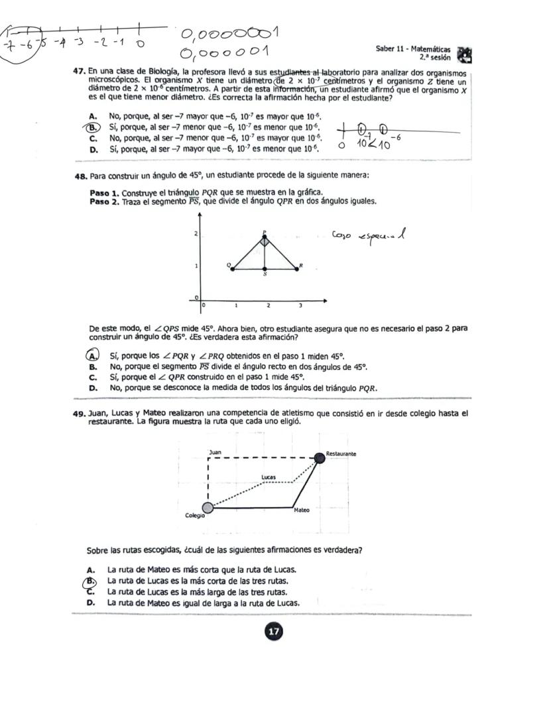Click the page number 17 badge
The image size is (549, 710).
pos(273,632)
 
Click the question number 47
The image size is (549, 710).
pos(80,71)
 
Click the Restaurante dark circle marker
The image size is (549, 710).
pos(320,457)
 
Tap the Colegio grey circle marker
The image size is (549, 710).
pos(208,508)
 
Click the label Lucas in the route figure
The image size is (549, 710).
pos(269,477)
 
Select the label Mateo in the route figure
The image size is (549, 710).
pos(301,510)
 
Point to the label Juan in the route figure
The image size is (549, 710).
pos(215,452)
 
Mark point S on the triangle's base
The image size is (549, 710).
pos(265,269)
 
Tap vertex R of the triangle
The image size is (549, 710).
pos(296,268)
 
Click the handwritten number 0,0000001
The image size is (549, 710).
pos(229,33)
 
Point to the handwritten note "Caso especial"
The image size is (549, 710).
pos(369,236)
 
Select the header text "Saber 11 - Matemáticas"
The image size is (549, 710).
pos(412,50)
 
